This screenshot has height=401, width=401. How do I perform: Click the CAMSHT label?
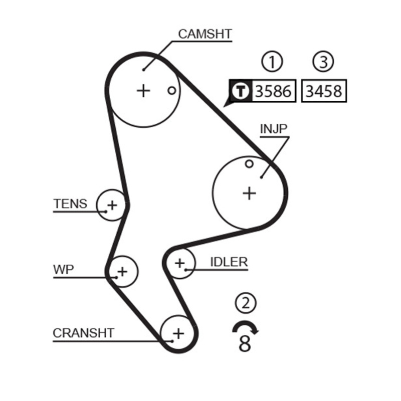205,34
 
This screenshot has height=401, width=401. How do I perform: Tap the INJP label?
274,129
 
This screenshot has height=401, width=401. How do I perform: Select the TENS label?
70,204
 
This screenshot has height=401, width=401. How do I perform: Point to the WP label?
63,270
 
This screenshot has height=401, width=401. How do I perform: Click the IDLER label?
229,262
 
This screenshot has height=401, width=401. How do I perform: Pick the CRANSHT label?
83,332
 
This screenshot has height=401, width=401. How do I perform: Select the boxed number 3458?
324,91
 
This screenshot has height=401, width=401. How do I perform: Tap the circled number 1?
272,62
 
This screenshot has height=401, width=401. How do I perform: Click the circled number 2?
245,303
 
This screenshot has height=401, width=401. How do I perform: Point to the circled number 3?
323,62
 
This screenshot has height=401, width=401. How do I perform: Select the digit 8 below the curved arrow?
245,344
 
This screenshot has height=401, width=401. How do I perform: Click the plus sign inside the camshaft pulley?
143,90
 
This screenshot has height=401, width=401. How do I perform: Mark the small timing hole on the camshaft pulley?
171,91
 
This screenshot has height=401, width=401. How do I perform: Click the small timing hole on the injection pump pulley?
249,164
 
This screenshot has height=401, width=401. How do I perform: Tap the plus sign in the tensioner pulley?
112,205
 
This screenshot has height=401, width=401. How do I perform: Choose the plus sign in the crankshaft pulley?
178,332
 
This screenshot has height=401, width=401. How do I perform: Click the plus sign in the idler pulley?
180,263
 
